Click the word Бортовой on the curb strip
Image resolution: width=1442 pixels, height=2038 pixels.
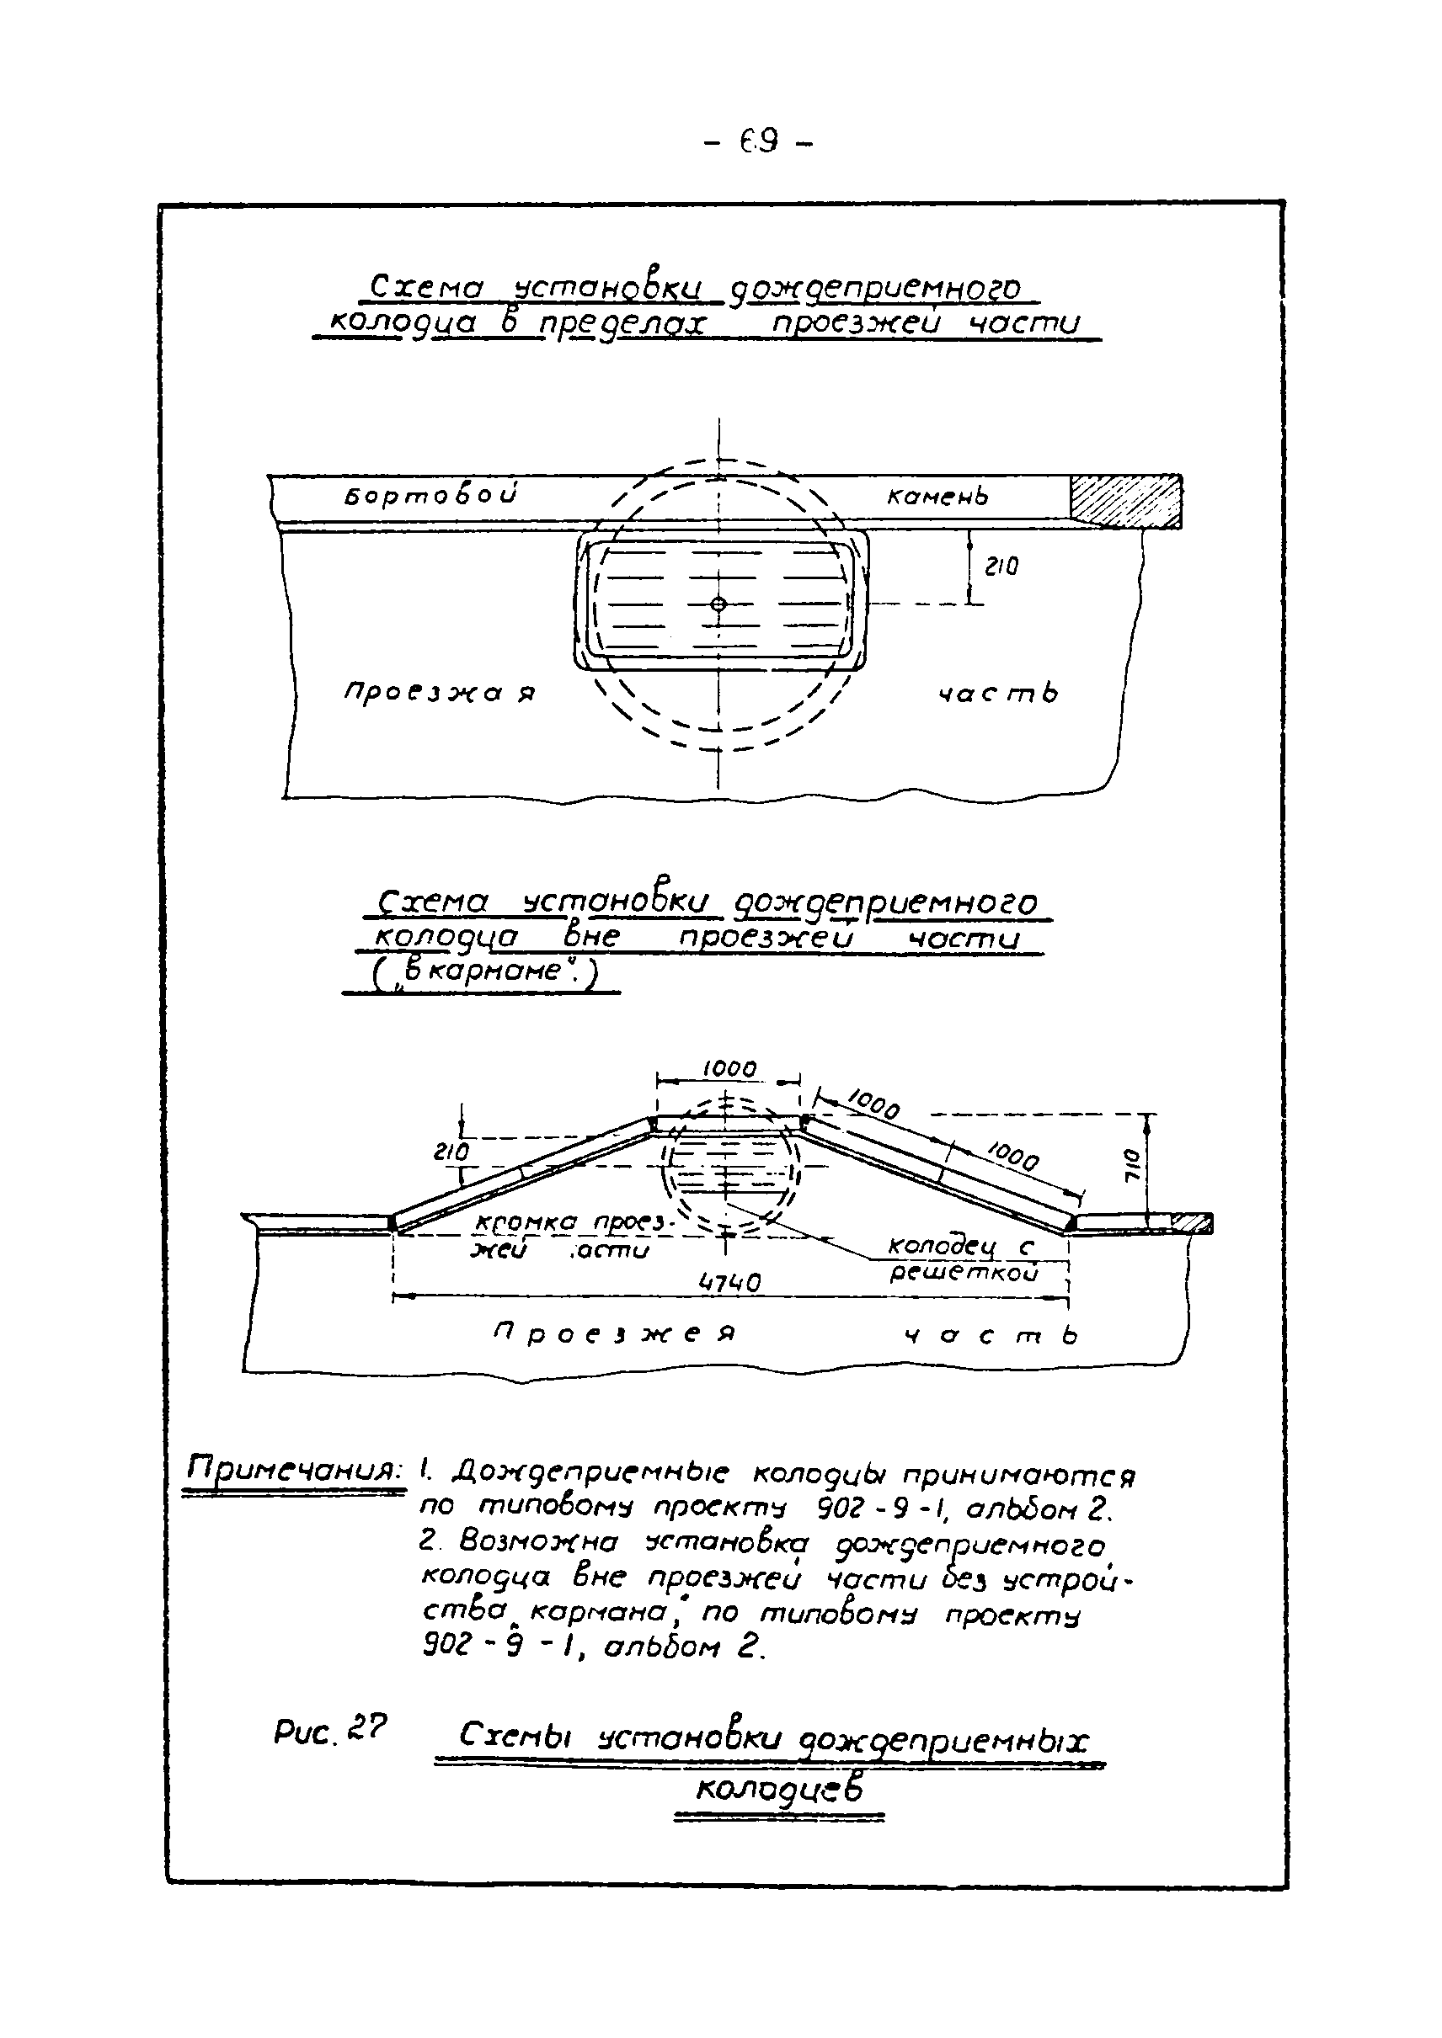430,495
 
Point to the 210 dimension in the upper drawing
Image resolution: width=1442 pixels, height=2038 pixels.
1001,567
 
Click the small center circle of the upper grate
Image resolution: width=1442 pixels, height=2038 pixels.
719,604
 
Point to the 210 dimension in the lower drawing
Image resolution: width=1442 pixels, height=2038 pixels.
451,1153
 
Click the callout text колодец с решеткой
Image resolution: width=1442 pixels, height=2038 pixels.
962,1259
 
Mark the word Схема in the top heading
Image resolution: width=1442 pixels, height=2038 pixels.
425,289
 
